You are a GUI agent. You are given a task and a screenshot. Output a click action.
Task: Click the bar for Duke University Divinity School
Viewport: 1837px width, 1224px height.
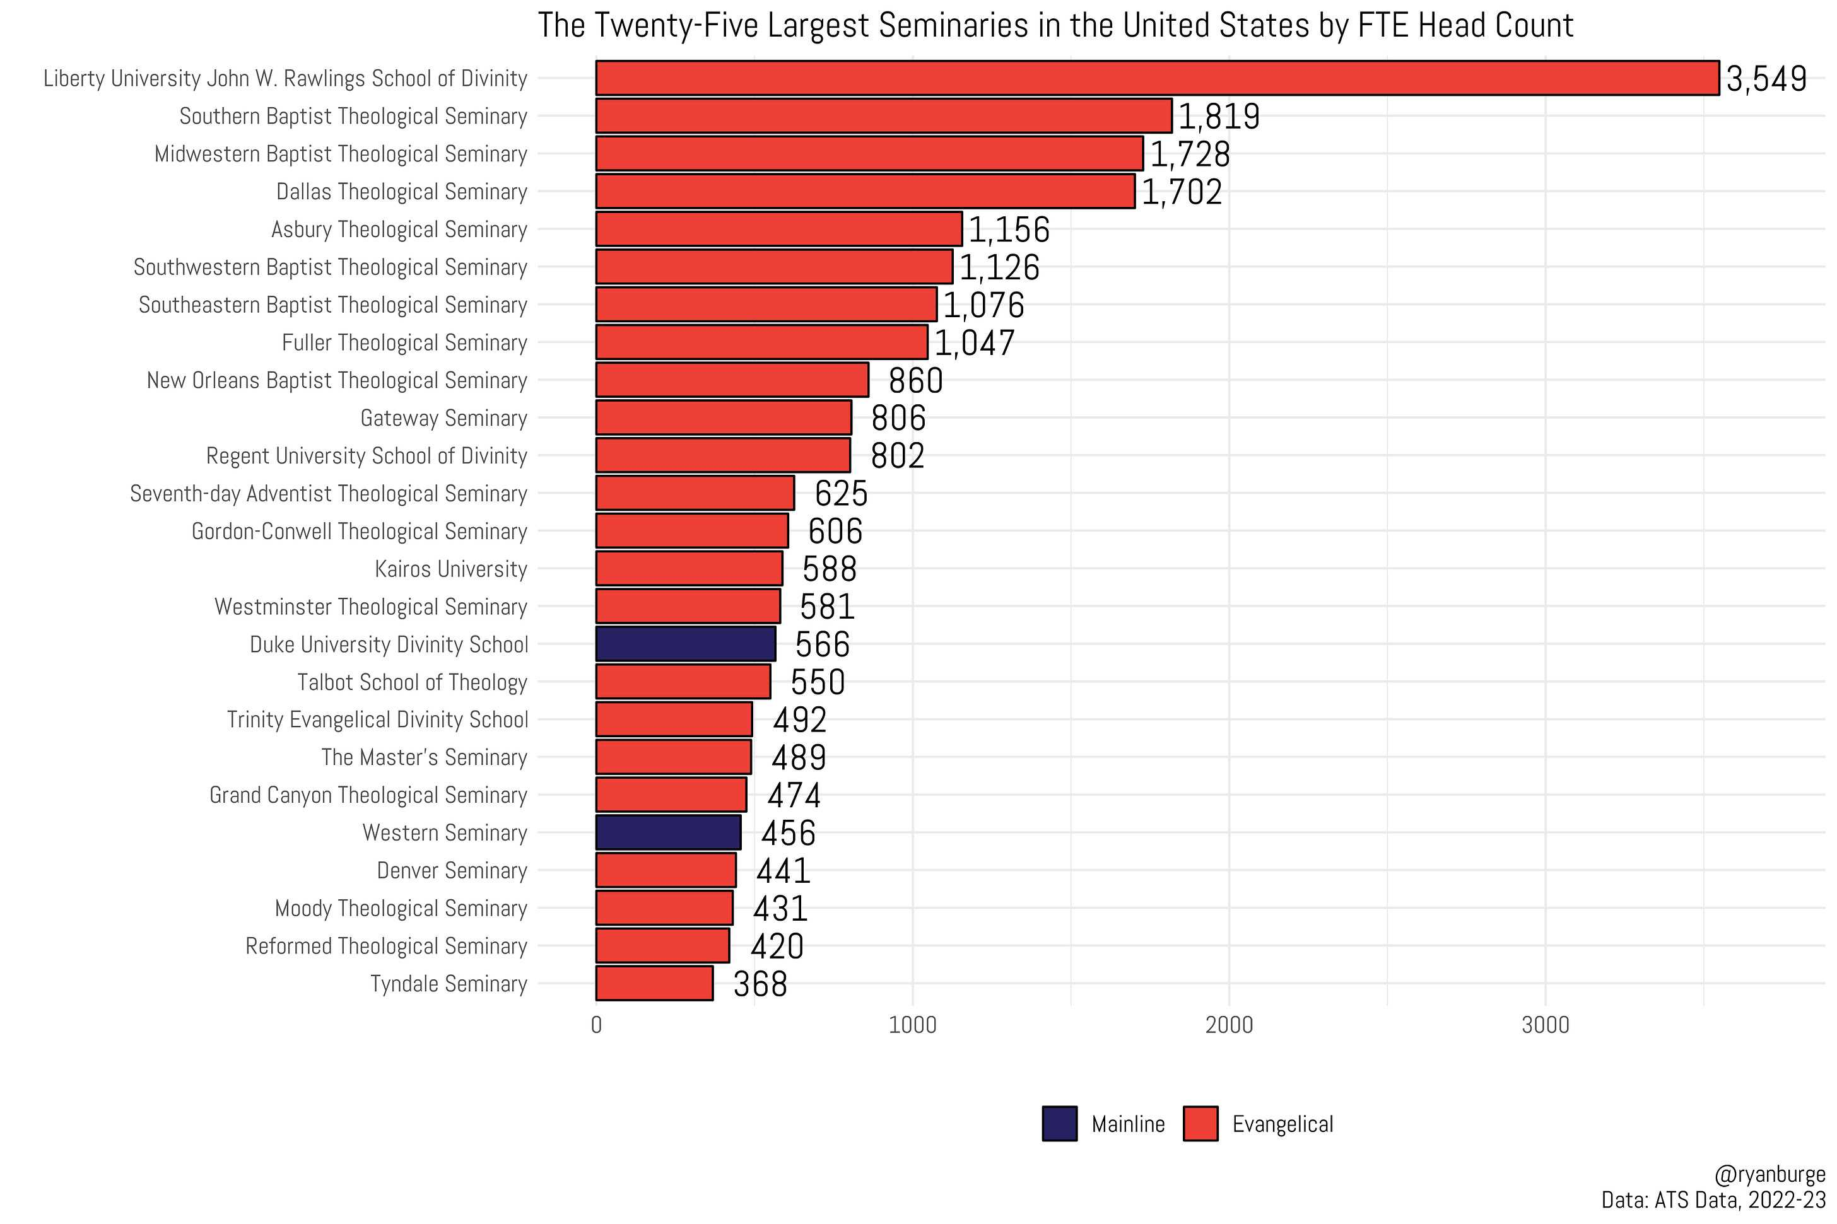point(686,644)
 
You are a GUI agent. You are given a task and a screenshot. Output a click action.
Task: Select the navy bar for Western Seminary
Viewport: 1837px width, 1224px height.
point(668,832)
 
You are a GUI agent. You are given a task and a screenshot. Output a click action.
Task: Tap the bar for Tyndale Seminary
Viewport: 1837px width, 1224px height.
point(654,982)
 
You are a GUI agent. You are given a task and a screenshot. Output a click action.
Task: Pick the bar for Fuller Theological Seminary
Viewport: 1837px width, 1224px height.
point(761,342)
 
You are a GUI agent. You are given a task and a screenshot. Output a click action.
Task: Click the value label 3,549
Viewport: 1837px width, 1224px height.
point(1766,79)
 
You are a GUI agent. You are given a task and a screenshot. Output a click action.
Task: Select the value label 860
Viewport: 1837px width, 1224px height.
point(916,380)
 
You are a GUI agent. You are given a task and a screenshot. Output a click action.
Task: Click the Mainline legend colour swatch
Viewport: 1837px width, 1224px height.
point(1059,1123)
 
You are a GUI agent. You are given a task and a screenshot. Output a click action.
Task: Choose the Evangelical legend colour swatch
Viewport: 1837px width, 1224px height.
point(1200,1123)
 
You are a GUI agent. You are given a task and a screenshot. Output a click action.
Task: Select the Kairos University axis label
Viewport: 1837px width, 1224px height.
point(450,569)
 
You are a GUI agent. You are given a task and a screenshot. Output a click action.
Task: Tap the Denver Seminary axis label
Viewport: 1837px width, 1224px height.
point(452,870)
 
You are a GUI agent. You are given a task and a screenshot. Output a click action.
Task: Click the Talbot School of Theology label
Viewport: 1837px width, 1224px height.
point(412,682)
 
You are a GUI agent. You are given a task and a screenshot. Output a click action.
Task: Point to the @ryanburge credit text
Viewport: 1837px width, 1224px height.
point(1770,1174)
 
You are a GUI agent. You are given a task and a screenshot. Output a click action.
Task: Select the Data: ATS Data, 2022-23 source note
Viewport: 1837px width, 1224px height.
point(1713,1198)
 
